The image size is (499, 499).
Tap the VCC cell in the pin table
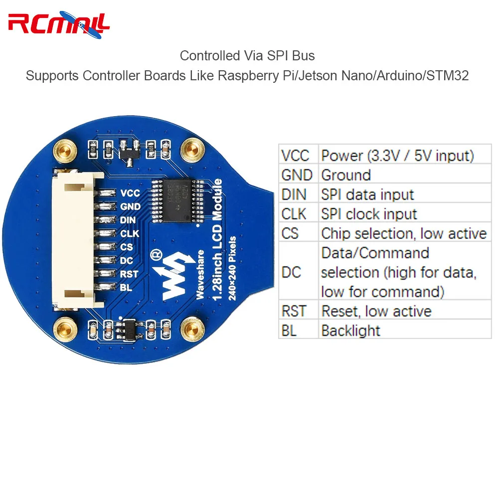pos(298,156)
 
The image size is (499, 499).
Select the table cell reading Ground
pos(346,175)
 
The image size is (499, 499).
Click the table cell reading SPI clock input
pos(369,214)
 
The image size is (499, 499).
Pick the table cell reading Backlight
pos(350,330)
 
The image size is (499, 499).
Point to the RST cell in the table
pos(294,311)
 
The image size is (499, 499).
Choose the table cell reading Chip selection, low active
pos(404,233)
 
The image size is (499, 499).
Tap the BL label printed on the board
pos(126,287)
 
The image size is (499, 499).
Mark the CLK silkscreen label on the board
pos(130,233)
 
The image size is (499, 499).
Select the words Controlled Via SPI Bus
pos(247,55)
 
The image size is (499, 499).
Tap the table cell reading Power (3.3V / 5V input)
pos(397,156)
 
